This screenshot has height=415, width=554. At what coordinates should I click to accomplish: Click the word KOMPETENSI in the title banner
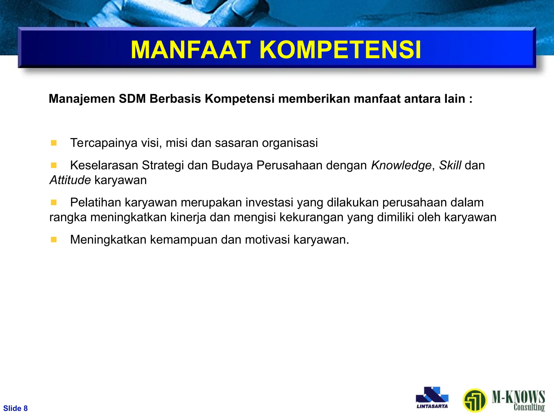[x=340, y=50]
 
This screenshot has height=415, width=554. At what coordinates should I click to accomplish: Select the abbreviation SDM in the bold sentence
[x=132, y=99]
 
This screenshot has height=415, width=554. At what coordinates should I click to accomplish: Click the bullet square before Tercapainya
[x=54, y=143]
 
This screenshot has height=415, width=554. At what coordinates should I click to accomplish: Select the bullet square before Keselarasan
[x=54, y=165]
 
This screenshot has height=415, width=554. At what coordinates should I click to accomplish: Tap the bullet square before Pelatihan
[x=54, y=202]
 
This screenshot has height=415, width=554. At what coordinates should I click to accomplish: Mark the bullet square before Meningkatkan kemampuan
[x=54, y=240]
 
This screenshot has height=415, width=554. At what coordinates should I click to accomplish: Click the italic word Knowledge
[x=401, y=165]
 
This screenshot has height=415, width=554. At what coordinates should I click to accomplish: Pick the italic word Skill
[x=450, y=165]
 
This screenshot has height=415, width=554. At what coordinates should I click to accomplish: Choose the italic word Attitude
[x=70, y=180]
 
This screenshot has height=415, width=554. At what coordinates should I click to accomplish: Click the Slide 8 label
[x=15, y=408]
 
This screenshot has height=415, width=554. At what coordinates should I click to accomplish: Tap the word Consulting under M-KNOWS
[x=529, y=407]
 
